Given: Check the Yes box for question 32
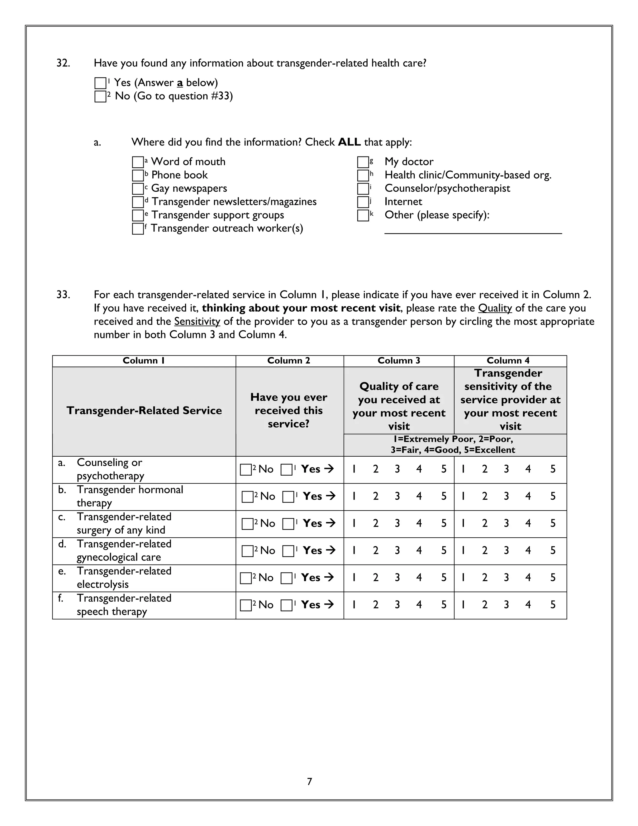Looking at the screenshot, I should tap(100, 83).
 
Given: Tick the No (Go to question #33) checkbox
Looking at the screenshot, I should tap(100, 96).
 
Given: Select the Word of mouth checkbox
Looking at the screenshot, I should tap(138, 162).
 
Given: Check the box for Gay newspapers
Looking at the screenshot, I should tap(138, 189).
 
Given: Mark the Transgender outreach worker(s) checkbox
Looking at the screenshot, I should tap(138, 229).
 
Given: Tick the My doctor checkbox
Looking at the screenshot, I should tap(363, 162).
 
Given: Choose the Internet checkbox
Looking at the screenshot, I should tap(363, 202).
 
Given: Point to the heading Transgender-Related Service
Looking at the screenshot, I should tap(144, 411).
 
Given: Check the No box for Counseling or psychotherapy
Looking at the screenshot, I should tap(246, 470).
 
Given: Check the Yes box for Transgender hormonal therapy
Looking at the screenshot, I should tap(288, 497).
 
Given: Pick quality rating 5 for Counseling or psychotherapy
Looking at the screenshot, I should tap(444, 469).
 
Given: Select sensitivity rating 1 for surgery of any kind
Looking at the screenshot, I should tap(463, 523).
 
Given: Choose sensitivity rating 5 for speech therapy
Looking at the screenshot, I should tap(553, 605).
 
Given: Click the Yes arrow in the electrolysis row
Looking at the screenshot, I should tap(329, 578).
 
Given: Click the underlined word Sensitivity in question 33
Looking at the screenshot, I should tap(197, 321).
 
